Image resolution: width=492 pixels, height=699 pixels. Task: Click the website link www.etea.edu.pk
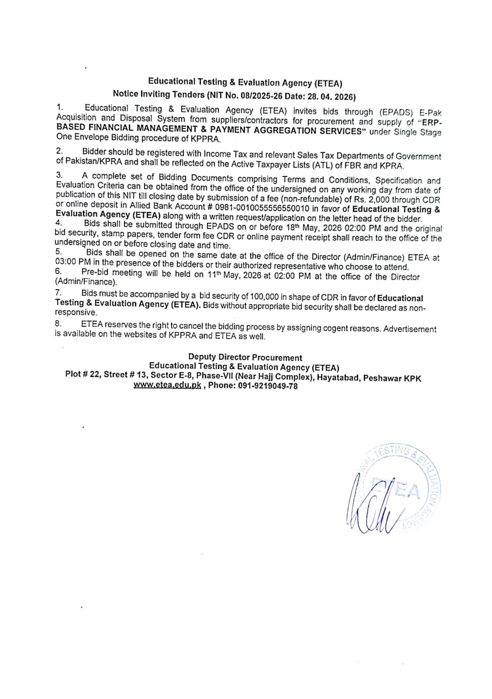[167, 385]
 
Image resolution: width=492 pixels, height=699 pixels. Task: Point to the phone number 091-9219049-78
[267, 386]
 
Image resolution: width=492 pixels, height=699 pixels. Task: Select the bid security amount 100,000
[264, 297]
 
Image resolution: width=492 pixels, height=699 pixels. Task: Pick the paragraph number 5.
[58, 252]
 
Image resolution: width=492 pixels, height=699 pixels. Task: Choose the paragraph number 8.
[58, 323]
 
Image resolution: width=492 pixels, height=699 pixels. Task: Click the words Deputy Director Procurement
[245, 357]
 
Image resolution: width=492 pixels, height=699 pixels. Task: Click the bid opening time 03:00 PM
[73, 262]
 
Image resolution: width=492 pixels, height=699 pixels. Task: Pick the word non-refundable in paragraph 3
[311, 199]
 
